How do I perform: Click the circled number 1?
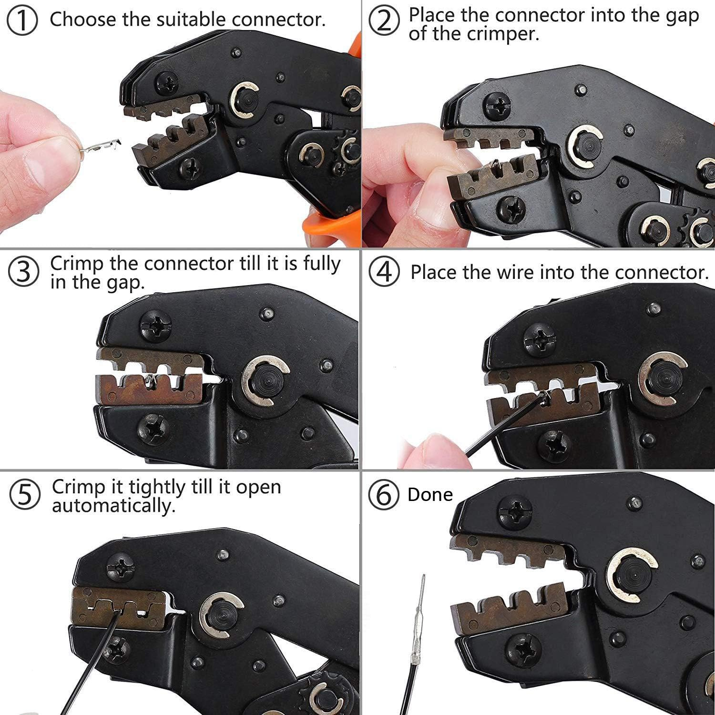[x=22, y=21]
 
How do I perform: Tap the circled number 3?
[x=23, y=271]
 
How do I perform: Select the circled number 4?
[x=384, y=272]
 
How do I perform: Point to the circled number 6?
[x=384, y=495]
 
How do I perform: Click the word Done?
[x=429, y=494]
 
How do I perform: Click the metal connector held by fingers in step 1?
[x=101, y=146]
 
